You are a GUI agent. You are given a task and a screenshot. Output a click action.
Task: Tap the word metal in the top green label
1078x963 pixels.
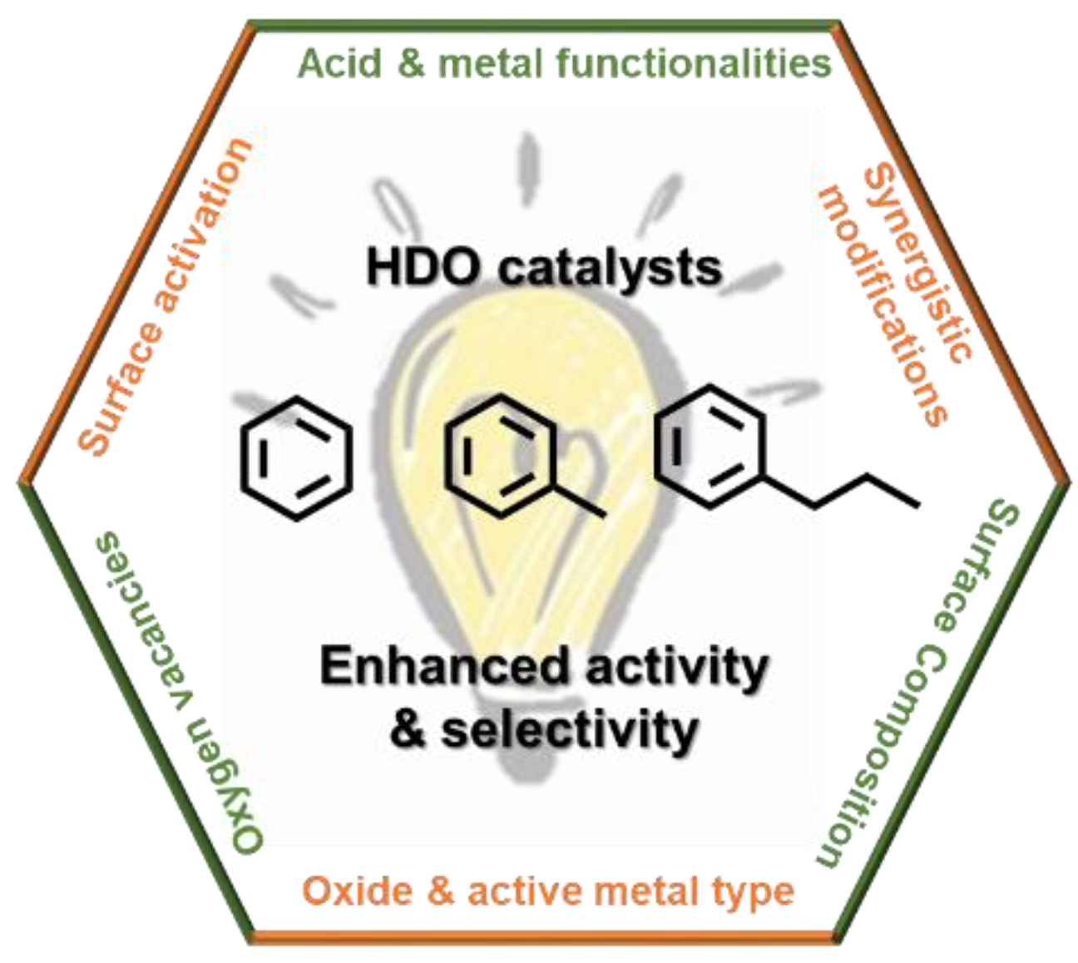coord(491,64)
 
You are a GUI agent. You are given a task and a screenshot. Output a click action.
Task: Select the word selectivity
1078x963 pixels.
coord(570,729)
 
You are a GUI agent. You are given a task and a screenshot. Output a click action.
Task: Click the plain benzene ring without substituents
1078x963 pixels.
coord(296,458)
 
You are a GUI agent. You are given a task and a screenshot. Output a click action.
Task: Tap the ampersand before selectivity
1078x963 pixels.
coord(408,729)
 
